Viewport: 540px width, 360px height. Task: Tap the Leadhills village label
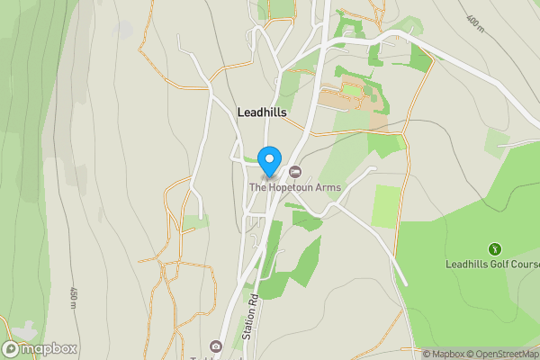click(262, 112)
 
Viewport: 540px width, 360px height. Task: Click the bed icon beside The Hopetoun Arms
click(294, 172)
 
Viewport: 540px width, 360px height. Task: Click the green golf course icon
click(493, 248)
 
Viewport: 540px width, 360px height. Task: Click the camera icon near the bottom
click(215, 346)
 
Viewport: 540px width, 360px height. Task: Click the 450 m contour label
click(73, 297)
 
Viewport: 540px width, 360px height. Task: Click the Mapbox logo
click(40, 348)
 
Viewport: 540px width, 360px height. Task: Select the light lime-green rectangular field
click(386, 205)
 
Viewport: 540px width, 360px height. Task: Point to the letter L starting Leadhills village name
click(240, 112)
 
